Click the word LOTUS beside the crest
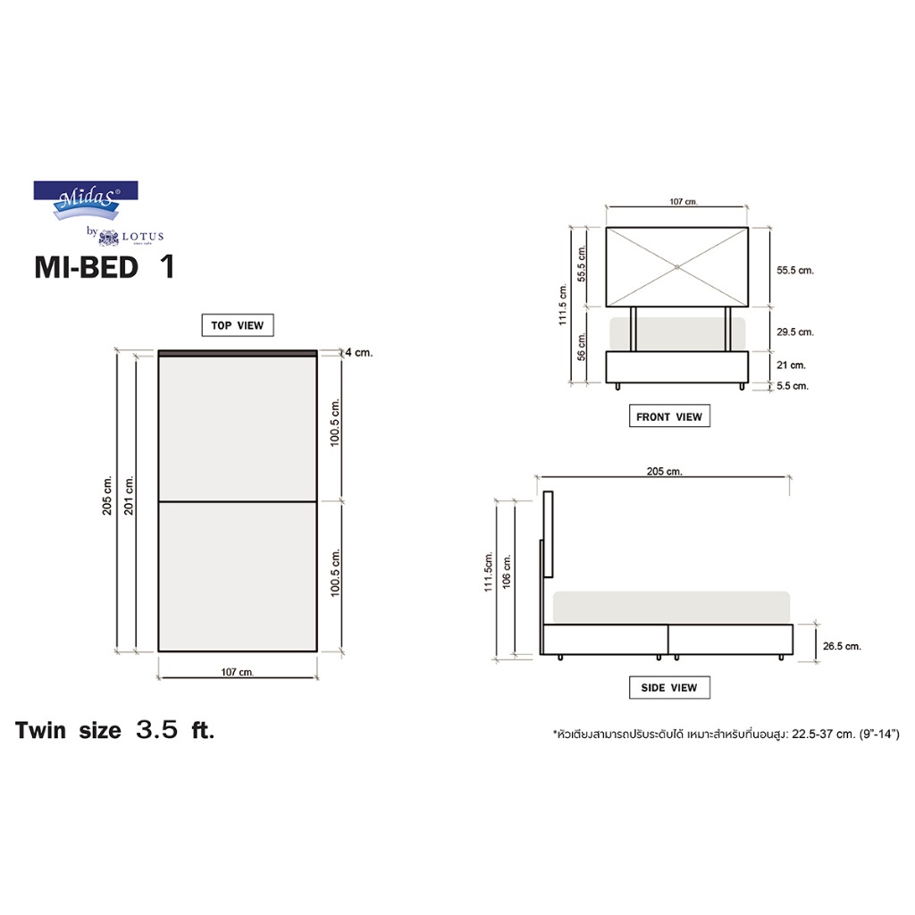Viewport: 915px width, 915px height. click(143, 237)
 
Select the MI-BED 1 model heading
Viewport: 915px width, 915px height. click(104, 268)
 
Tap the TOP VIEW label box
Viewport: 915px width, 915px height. click(238, 325)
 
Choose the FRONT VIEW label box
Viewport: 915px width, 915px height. click(669, 416)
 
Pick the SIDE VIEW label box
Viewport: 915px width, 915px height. click(669, 687)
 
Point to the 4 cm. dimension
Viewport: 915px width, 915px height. click(359, 353)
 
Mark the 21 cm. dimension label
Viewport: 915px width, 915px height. click(791, 365)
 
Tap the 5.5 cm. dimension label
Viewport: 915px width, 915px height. click(792, 386)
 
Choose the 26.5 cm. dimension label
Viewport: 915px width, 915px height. click(840, 645)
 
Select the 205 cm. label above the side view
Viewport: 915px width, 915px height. click(663, 472)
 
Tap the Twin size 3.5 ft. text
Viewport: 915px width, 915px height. click(115, 730)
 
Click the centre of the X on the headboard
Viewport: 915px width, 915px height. click(677, 266)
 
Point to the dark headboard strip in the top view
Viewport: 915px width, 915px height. click(237, 354)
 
